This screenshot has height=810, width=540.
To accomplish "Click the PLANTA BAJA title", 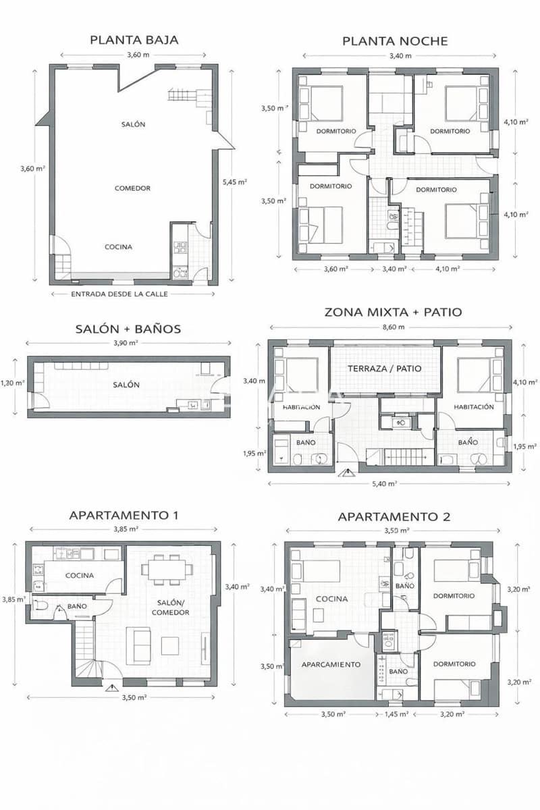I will (134, 40).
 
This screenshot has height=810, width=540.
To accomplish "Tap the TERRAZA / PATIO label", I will (385, 369).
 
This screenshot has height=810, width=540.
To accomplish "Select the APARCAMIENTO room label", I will (331, 664).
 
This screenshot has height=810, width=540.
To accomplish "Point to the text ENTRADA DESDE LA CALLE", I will (119, 294).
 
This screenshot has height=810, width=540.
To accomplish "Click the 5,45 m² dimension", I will (234, 182).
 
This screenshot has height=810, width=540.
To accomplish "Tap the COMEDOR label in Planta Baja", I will (132, 188).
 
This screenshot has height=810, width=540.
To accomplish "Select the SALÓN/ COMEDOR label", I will (173, 607).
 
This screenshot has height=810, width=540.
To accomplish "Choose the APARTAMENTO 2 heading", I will (394, 517).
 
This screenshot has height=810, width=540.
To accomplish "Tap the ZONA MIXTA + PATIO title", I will (393, 312).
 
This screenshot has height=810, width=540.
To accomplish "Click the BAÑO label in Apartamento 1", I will (76, 606).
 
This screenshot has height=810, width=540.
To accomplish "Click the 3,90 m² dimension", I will (126, 343).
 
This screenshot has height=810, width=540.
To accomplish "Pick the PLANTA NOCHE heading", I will (395, 41).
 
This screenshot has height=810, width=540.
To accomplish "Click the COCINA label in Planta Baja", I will (118, 247).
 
